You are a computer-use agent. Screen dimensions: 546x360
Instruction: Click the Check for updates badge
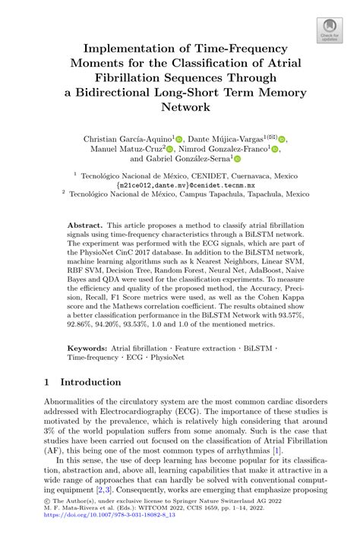[329, 31]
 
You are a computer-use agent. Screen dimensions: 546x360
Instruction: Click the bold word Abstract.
[84, 226]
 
